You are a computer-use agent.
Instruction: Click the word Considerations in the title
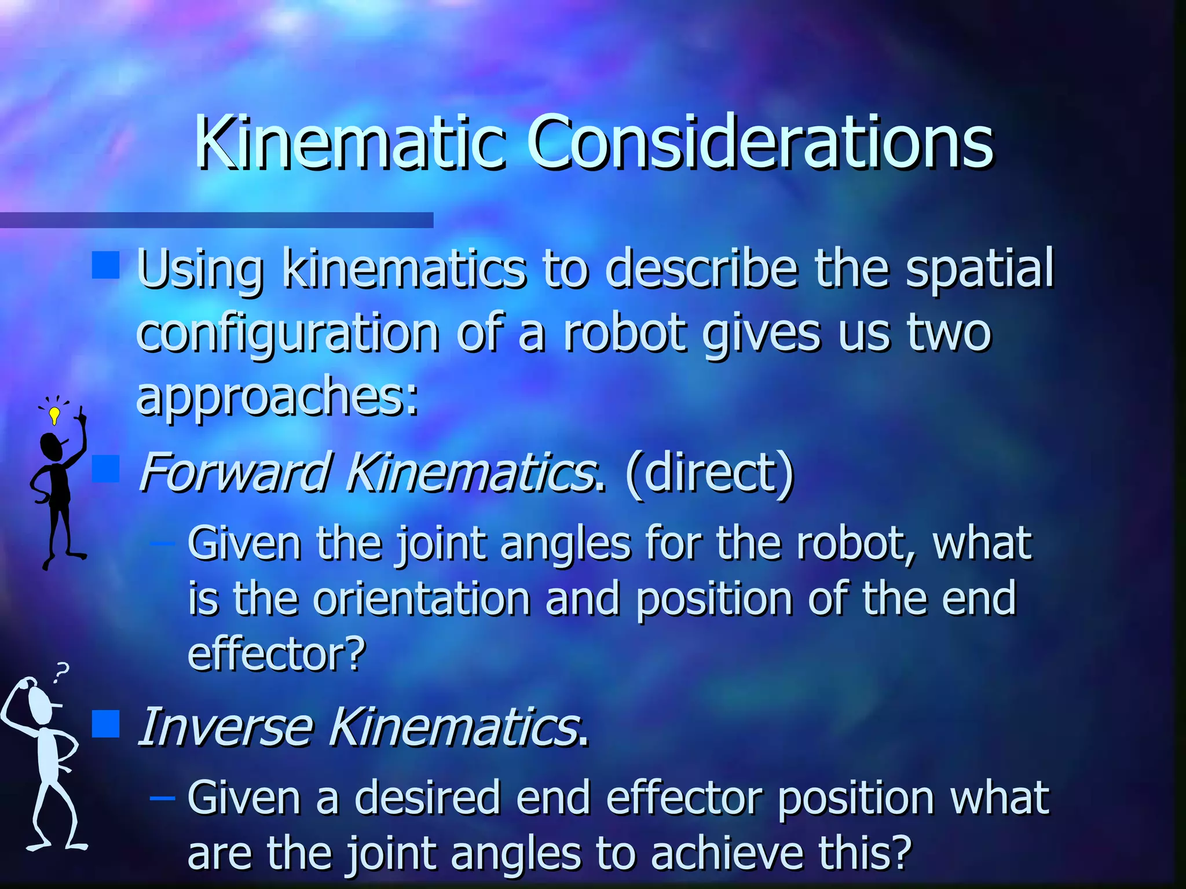(760, 142)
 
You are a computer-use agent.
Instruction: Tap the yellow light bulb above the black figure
(54, 414)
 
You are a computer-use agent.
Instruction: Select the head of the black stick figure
(51, 447)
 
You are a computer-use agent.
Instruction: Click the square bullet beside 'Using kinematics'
(105, 265)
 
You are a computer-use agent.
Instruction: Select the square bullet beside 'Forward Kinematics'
(105, 468)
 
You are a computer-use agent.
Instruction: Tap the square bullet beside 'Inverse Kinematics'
(105, 723)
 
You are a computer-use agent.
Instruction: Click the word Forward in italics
(235, 473)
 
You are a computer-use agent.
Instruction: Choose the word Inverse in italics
(226, 728)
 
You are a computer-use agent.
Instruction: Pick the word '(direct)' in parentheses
(709, 473)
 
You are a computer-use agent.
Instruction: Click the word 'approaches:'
(277, 396)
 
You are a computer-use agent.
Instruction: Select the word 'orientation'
(422, 598)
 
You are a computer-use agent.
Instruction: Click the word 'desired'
(427, 798)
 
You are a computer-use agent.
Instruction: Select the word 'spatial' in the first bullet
(979, 268)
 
